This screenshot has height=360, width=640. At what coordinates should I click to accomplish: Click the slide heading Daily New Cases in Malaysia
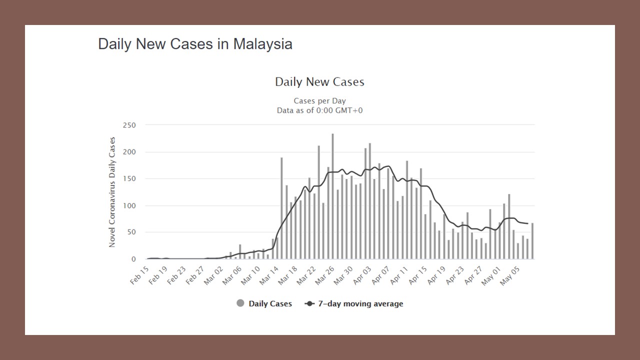point(195,44)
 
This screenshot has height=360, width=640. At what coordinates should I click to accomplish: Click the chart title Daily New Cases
point(319,82)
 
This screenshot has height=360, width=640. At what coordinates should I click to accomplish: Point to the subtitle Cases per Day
point(319,101)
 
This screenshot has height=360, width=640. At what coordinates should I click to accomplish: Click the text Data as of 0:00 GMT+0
point(319,110)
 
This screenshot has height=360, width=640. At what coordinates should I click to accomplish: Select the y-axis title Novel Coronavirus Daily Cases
point(112,192)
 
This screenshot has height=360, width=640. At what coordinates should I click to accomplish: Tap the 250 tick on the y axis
point(129,125)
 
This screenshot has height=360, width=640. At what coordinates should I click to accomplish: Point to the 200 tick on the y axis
point(129,152)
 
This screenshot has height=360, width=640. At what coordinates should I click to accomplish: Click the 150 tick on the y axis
point(129,178)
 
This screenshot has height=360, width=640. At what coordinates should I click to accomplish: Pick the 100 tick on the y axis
point(129,205)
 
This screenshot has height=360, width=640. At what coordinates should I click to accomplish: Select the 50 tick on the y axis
point(131,232)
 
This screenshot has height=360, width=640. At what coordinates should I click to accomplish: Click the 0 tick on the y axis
point(133,259)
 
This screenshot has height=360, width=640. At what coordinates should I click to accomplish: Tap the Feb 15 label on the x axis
point(139,274)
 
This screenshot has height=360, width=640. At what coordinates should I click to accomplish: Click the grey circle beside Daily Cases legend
point(240,303)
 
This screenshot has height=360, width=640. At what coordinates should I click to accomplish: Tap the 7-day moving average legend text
point(360,303)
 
